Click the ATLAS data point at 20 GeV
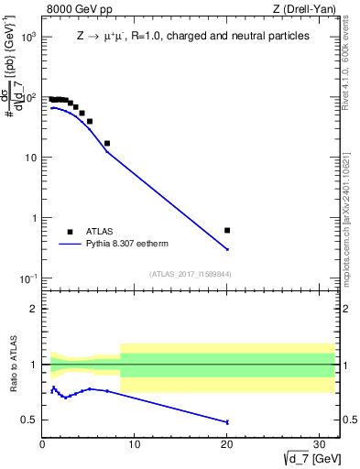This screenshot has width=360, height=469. [x=227, y=230]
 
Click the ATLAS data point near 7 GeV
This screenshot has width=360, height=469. [x=107, y=143]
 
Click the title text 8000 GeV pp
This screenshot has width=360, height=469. [x=73, y=10]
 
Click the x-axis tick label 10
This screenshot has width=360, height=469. [x=135, y=444]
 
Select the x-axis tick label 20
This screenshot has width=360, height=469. [x=227, y=444]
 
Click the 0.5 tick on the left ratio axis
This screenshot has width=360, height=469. [x=30, y=420]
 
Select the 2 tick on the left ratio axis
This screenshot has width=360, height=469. [x=35, y=309]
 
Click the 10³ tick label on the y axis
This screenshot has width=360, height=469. [x=28, y=37]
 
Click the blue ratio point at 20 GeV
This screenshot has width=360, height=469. [x=227, y=422]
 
